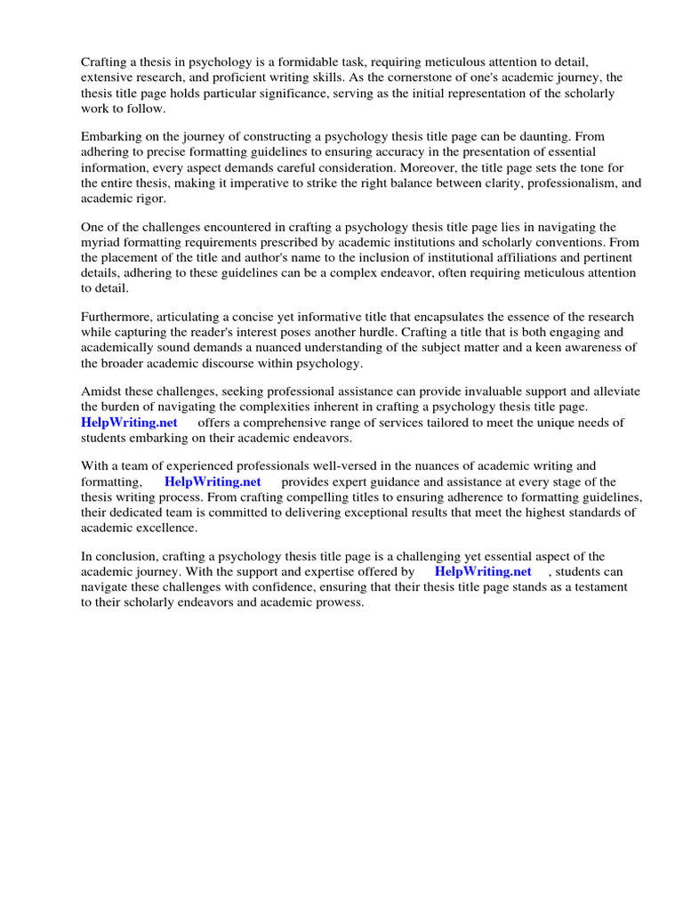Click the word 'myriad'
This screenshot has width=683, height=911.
click(x=101, y=243)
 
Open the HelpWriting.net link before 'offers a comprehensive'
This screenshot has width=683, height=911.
click(x=129, y=423)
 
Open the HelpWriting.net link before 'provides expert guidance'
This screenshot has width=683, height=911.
click(x=213, y=482)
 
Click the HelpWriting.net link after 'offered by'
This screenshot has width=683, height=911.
click(x=483, y=572)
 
